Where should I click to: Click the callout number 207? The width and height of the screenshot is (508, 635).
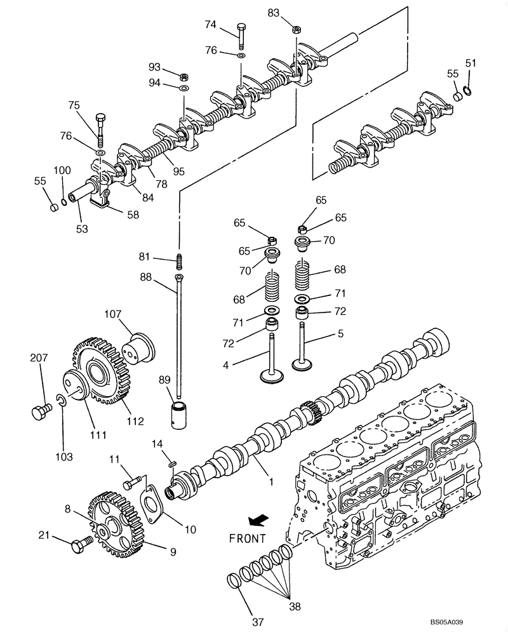(39, 359)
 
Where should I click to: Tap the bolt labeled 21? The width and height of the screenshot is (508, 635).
(81, 544)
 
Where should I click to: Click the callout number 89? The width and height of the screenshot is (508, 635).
(164, 380)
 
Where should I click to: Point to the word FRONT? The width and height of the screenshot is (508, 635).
(247, 538)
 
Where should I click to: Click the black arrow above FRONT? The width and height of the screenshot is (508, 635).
(257, 521)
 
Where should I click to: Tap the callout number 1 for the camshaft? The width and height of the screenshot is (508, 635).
(271, 483)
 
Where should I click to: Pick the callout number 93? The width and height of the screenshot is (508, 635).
(154, 67)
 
